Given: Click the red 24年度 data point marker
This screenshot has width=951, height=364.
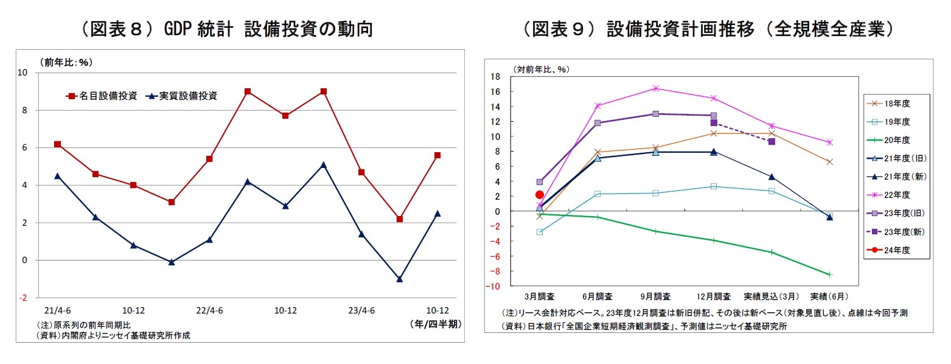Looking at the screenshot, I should (x=539, y=195).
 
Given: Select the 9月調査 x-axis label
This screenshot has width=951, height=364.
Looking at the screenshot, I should (x=655, y=296).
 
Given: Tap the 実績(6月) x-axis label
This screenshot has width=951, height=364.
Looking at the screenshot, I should (x=829, y=296).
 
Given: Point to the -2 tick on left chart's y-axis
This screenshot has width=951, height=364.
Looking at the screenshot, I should (x=23, y=298).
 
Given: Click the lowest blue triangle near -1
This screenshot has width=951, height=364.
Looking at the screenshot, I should (x=400, y=279).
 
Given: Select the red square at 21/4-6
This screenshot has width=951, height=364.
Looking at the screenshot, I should (x=57, y=144).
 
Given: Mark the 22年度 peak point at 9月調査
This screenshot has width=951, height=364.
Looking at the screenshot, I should (x=655, y=88).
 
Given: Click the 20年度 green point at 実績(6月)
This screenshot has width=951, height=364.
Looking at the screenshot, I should (x=829, y=275).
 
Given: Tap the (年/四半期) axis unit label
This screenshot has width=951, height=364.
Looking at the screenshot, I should (x=435, y=325).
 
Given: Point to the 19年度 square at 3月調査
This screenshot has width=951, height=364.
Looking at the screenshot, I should (x=539, y=232).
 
